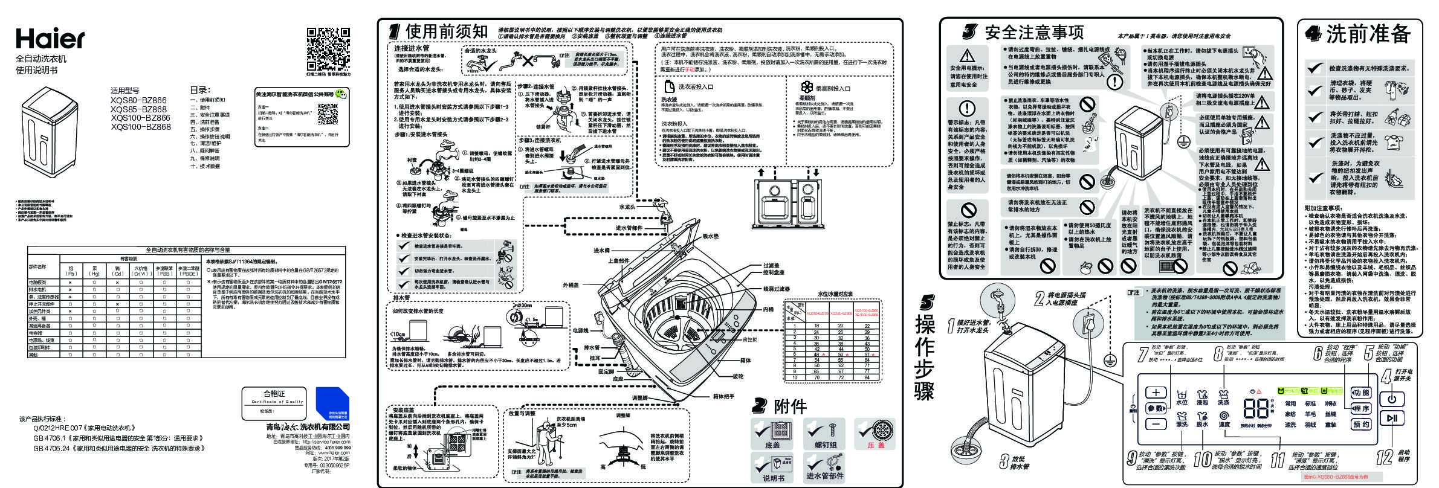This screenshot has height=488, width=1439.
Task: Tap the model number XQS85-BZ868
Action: click(x=138, y=109)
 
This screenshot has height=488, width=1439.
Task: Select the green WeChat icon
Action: click(x=342, y=94)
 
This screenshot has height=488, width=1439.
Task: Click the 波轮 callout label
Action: click(x=738, y=376)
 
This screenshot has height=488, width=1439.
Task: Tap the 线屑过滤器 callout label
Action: click(x=776, y=289)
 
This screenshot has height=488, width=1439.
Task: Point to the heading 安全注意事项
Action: click(x=1034, y=32)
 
